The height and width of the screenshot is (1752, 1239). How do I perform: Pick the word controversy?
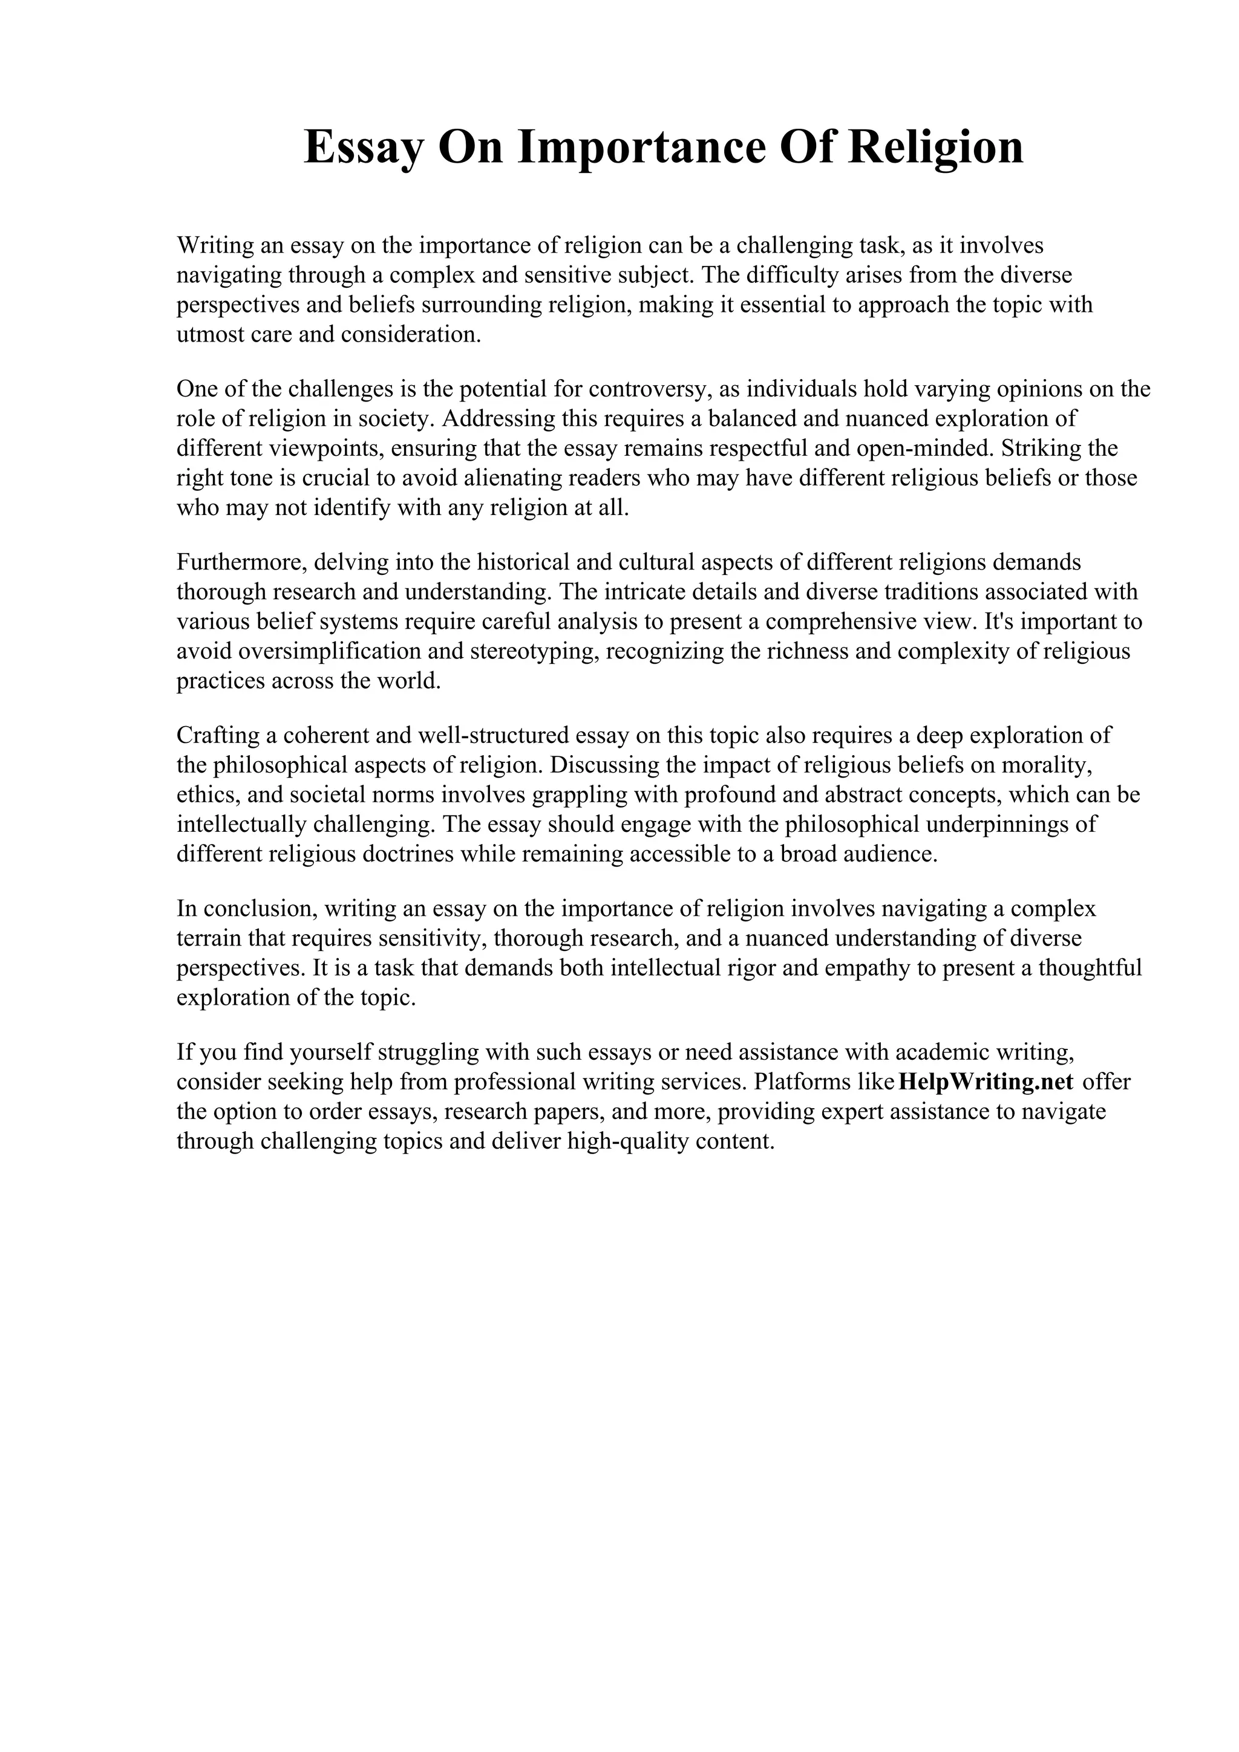pyautogui.click(x=650, y=389)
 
